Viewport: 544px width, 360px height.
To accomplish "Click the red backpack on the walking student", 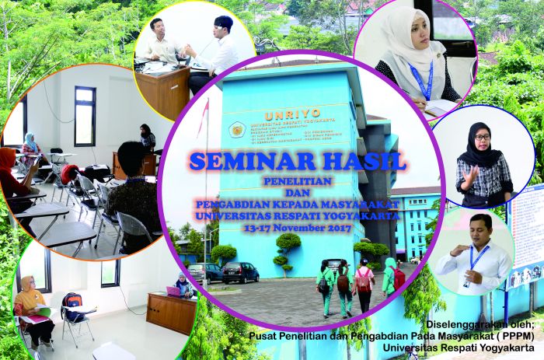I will (363, 281).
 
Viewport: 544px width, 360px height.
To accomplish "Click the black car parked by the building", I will (240, 272).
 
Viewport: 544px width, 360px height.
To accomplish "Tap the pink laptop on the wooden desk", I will (173, 291).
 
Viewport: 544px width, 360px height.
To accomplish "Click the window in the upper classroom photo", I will (84, 116).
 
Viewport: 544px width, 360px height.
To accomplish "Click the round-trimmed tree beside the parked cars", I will (288, 249).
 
